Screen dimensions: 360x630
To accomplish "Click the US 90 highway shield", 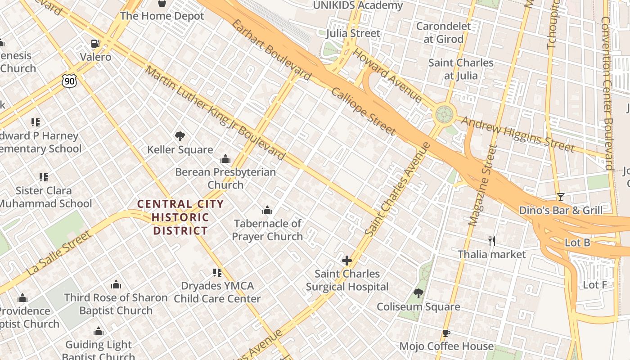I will [69, 81].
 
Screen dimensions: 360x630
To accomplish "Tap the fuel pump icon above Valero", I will [95, 44].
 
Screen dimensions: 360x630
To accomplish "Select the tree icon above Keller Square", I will [180, 136].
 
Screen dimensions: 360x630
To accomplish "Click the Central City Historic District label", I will [180, 217].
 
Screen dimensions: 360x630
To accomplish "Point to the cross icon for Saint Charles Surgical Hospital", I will [346, 261].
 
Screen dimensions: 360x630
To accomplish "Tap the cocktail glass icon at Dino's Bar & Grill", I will [560, 197].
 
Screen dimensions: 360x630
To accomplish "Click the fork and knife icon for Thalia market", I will [492, 241].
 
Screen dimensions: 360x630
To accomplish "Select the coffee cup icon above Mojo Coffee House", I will [446, 333].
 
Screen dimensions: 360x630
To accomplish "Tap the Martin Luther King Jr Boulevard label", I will [215, 112].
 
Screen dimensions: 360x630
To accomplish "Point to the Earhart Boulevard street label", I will [271, 49].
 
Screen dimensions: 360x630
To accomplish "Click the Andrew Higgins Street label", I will [517, 134].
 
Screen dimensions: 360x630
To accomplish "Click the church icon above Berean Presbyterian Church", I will [225, 159].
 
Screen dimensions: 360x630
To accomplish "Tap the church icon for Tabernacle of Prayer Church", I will [267, 210].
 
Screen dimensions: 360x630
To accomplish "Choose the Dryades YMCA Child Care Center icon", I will [217, 273].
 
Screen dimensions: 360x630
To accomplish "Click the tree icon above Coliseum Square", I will [418, 294].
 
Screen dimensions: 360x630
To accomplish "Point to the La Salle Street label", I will [59, 253].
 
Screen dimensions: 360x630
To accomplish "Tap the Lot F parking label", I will [595, 285].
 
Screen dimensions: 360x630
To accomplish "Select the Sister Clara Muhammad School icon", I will [43, 177].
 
